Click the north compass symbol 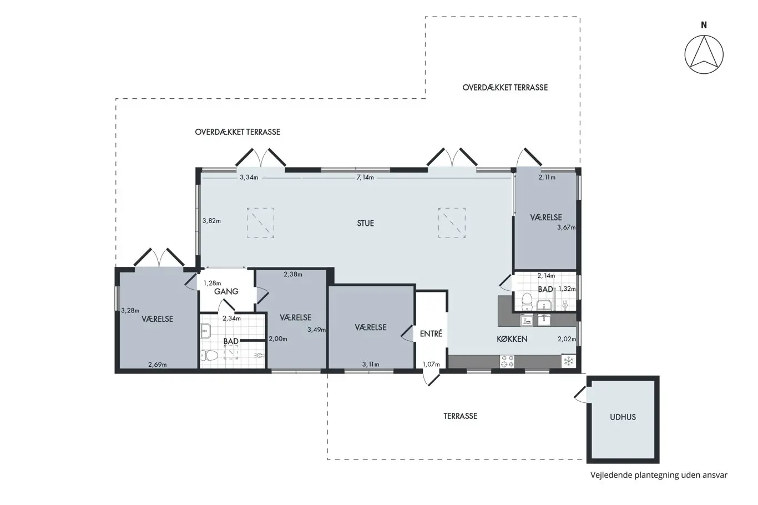pyautogui.click(x=704, y=54)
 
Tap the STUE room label pyautogui.click(x=366, y=224)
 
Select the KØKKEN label pyautogui.click(x=512, y=339)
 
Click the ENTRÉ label pyautogui.click(x=431, y=334)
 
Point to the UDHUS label pyautogui.click(x=623, y=417)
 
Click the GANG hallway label pyautogui.click(x=226, y=291)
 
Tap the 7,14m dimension pyautogui.click(x=365, y=178)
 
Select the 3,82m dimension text pyautogui.click(x=211, y=221)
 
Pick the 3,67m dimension pyautogui.click(x=566, y=228)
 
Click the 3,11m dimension pyautogui.click(x=371, y=365)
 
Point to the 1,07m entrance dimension pyautogui.click(x=431, y=365)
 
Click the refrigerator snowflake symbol pyautogui.click(x=568, y=361)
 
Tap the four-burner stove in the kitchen pyautogui.click(x=507, y=361)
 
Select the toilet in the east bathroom pyautogui.click(x=527, y=301)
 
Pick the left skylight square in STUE pyautogui.click(x=260, y=223)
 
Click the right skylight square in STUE pyautogui.click(x=452, y=223)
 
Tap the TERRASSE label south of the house pyautogui.click(x=460, y=416)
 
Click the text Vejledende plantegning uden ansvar pyautogui.click(x=659, y=475)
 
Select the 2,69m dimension pyautogui.click(x=158, y=365)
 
